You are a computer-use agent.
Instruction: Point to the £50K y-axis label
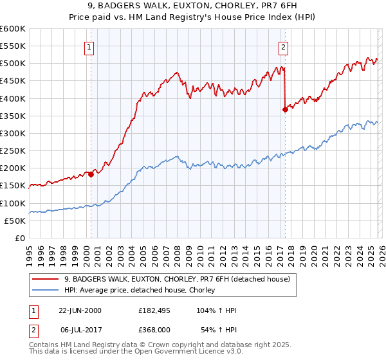(14, 221)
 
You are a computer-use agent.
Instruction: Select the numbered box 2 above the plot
(283, 46)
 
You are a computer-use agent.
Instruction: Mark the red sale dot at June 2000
(91, 174)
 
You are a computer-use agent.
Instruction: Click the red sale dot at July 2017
(285, 109)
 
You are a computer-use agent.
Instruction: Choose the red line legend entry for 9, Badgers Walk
(177, 279)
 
